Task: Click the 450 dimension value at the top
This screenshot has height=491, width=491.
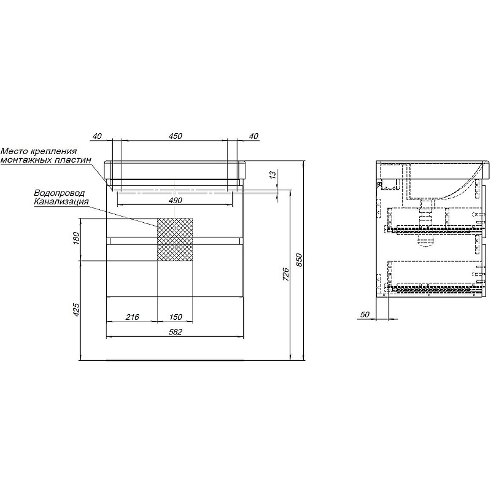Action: [x=176, y=136]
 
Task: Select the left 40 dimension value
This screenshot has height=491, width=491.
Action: [x=98, y=136]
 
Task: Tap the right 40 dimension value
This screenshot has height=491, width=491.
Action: [x=254, y=136]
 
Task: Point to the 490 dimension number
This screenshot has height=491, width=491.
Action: [x=176, y=201]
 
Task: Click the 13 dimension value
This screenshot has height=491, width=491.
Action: [x=273, y=174]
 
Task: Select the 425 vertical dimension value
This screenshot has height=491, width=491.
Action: [x=76, y=309]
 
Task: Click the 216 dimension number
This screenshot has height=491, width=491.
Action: [x=132, y=317]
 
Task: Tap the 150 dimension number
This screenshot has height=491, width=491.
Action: [x=176, y=317]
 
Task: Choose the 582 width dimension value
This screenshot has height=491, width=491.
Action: [x=176, y=331]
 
